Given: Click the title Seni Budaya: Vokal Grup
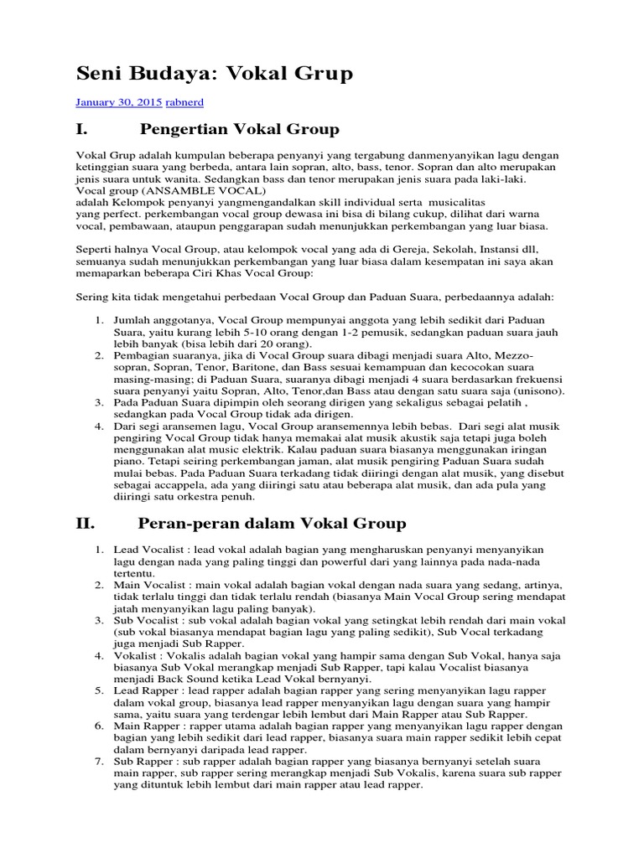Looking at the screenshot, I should click(214, 74).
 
